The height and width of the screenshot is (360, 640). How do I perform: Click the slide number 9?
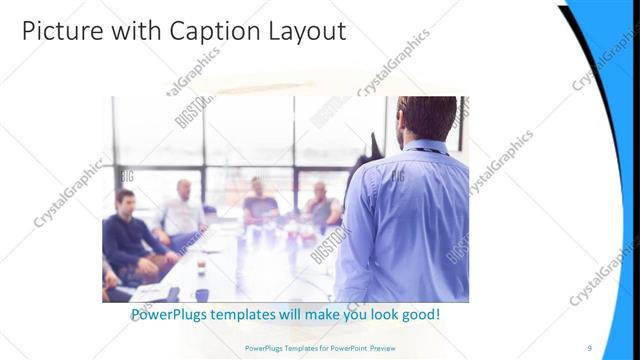(590, 347)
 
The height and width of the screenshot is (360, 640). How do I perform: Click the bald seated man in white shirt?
(183, 210)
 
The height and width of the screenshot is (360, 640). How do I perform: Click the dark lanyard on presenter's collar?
(425, 150)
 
